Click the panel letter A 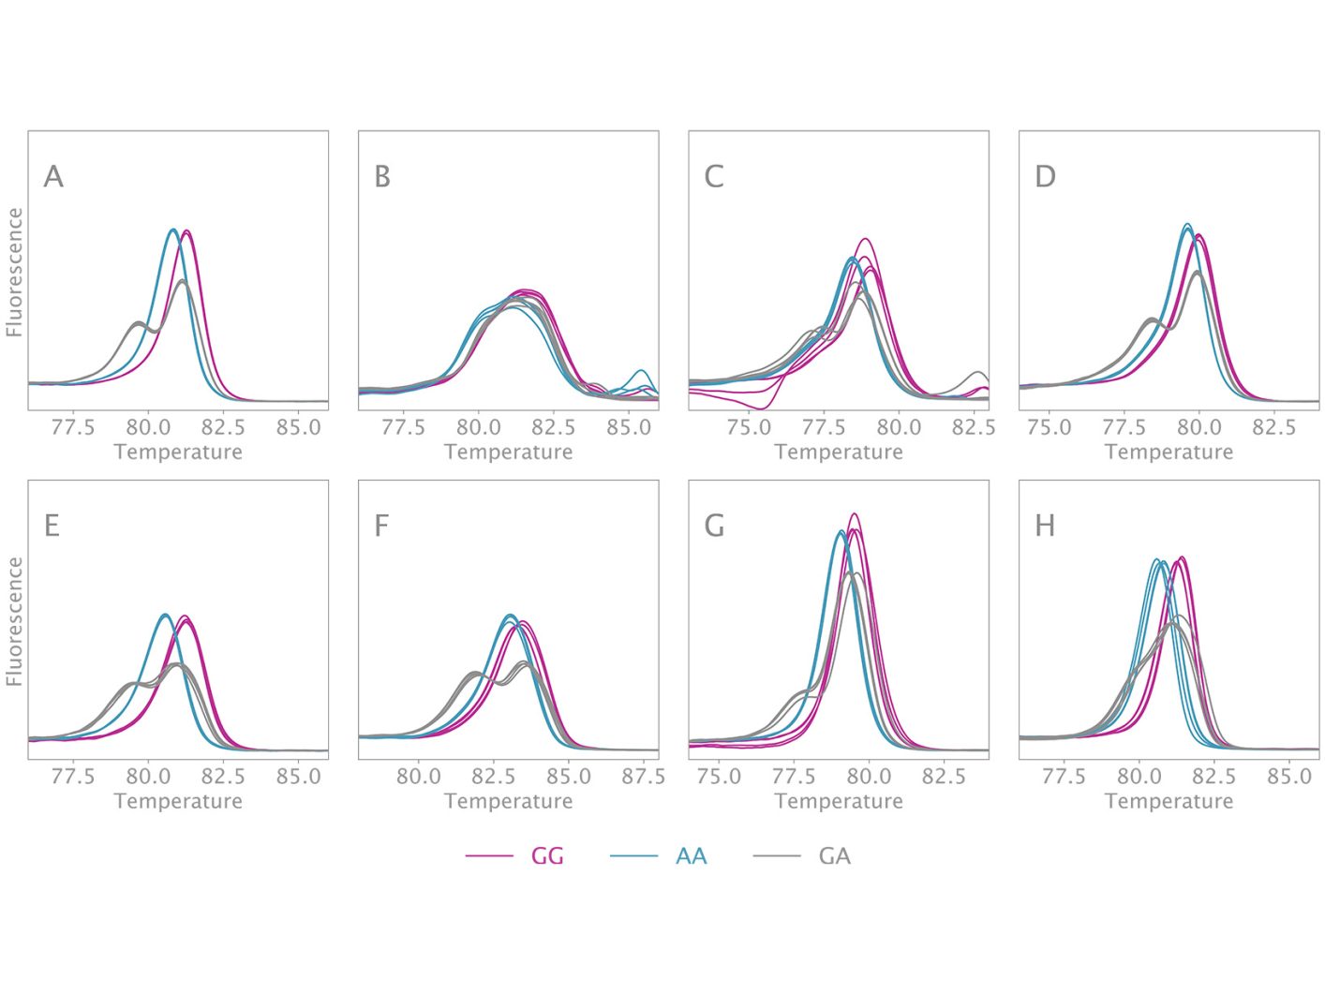[53, 176]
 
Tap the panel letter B [382, 176]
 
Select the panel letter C [714, 176]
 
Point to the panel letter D [1045, 176]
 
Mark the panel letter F [381, 526]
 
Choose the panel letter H [1045, 526]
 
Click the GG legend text [547, 856]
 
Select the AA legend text [691, 856]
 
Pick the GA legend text [834, 856]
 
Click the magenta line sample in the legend [489, 856]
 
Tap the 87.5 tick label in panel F [644, 777]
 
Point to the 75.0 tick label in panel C [749, 427]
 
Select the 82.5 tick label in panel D [1274, 427]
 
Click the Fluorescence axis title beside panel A [14, 272]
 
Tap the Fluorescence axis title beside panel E [14, 621]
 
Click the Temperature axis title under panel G [839, 801]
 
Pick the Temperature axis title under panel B [508, 452]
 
